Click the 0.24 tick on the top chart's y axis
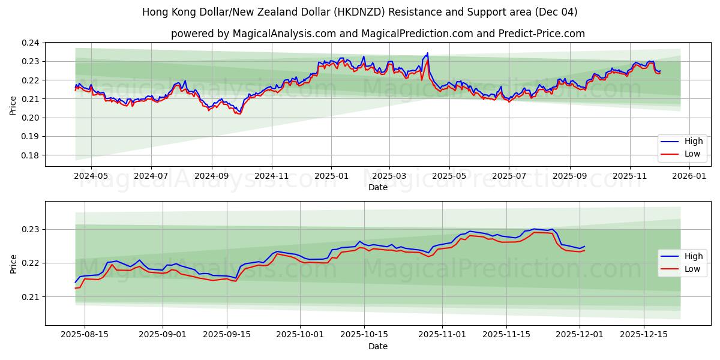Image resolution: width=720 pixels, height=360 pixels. click(31, 43)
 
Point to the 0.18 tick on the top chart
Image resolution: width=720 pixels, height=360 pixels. click(31, 155)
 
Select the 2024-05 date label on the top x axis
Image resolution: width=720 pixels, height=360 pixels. click(91, 176)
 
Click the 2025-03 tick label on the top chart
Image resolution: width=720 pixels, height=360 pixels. click(389, 176)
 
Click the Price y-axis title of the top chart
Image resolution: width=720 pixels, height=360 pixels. click(13, 105)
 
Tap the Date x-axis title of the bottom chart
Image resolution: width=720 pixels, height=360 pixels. click(378, 346)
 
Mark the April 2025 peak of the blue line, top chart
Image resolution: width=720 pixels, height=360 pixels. click(427, 53)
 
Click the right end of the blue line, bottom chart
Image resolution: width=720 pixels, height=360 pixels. click(584, 246)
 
